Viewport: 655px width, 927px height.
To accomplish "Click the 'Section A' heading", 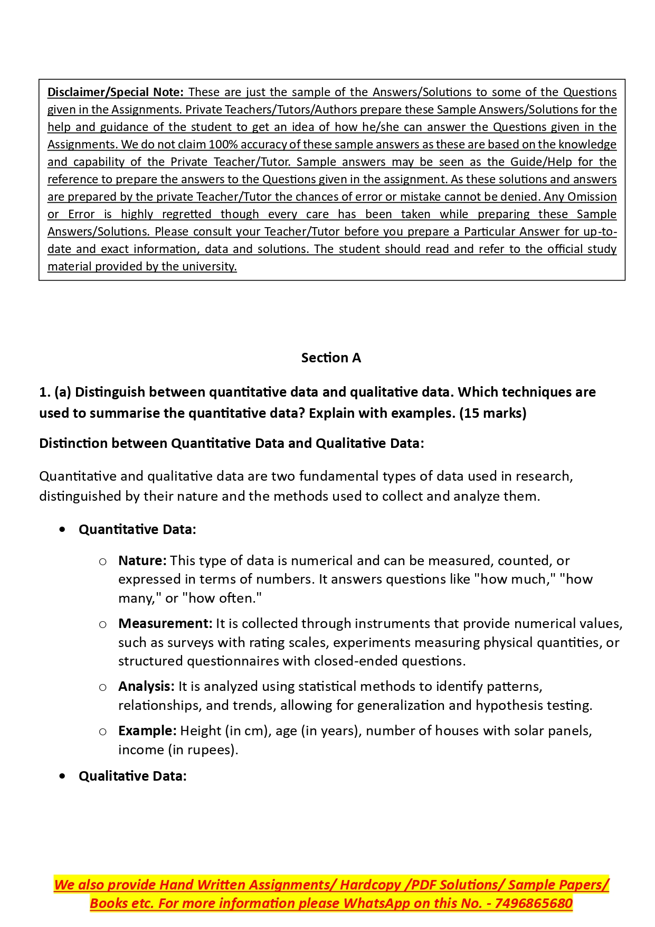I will click(331, 358).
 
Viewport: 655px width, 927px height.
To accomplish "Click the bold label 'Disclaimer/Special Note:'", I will click(115, 92).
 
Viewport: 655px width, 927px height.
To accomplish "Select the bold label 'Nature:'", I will click(142, 560).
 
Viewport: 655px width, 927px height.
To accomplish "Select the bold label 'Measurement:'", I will click(165, 623).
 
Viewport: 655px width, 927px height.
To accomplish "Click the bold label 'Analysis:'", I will click(146, 686).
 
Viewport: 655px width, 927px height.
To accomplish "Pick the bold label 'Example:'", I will click(147, 731).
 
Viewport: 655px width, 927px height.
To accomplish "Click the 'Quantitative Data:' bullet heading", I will click(137, 529).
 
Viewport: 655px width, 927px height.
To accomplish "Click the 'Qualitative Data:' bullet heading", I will click(132, 776).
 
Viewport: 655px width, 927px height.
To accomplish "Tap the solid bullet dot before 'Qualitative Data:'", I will click(63, 776).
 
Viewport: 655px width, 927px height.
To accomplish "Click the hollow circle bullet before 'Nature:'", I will click(103, 561).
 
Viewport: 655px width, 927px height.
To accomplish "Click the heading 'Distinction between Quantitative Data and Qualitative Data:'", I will click(231, 443).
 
